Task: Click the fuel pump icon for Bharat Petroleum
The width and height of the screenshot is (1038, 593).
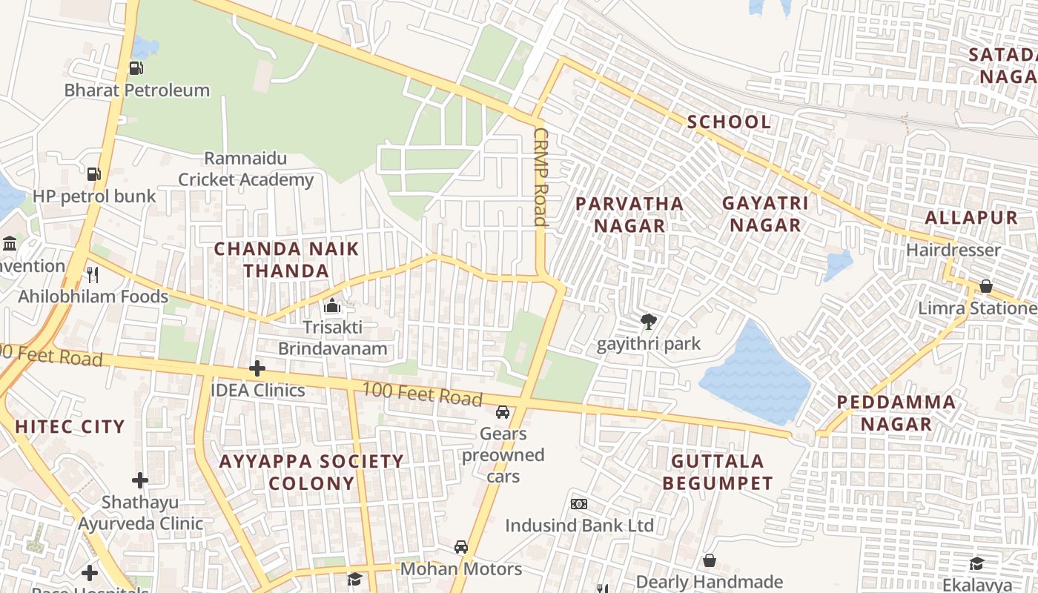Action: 136,68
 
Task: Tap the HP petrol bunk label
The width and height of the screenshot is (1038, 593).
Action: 94,196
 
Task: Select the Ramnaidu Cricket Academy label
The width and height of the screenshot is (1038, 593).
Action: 245,169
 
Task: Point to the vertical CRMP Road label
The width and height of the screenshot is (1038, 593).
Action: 540,176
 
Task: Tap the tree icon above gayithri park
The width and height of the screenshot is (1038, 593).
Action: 649,322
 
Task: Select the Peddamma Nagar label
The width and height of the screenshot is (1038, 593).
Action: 896,413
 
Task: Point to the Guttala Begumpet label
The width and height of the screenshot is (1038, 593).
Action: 718,472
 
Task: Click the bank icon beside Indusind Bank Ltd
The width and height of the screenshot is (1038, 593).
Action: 579,504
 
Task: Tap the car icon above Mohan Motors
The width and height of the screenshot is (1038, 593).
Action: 461,547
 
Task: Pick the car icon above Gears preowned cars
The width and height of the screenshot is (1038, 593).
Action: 503,411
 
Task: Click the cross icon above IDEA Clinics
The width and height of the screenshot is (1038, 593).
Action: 257,368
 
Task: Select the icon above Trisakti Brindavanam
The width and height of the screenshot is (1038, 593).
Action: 332,305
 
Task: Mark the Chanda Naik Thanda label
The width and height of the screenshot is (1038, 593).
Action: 286,259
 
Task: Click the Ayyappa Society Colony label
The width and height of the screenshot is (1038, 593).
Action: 311,472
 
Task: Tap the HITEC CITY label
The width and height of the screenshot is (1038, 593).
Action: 70,426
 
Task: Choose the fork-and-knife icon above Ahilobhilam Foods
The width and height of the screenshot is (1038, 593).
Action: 93,274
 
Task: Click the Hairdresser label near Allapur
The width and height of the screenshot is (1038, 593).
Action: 953,250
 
